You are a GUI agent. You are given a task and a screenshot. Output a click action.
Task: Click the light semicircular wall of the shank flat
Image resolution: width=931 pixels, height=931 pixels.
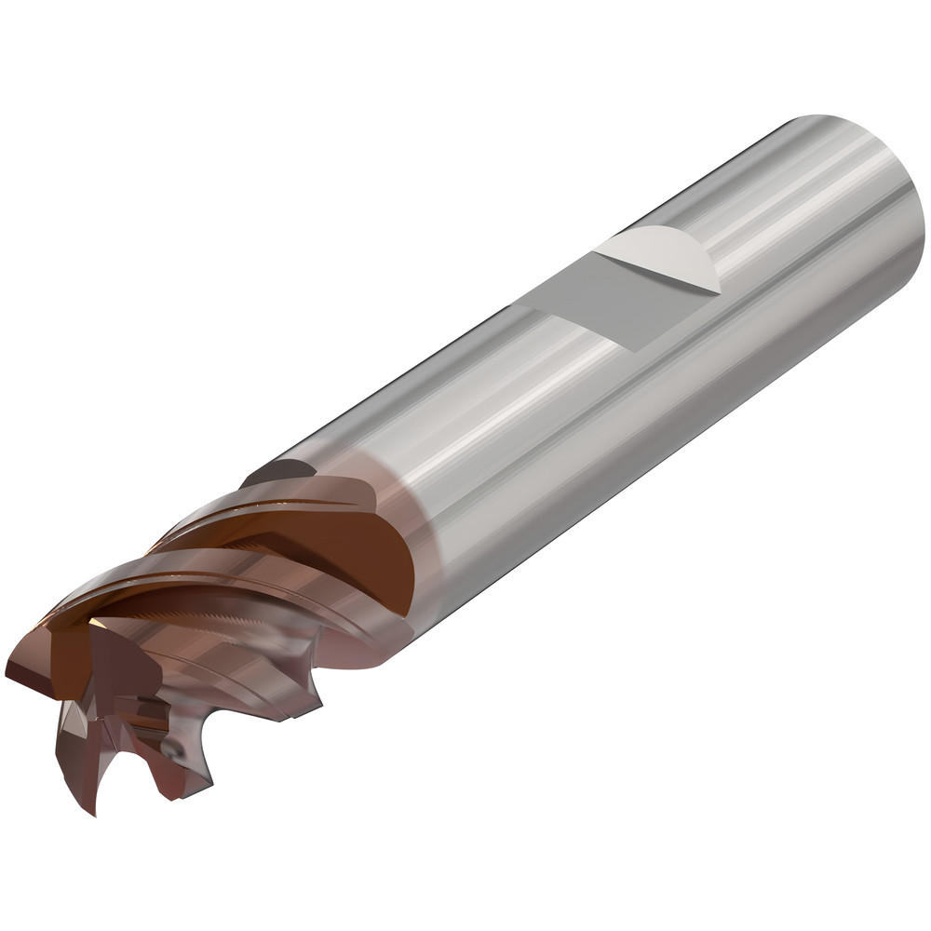coord(663,256)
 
